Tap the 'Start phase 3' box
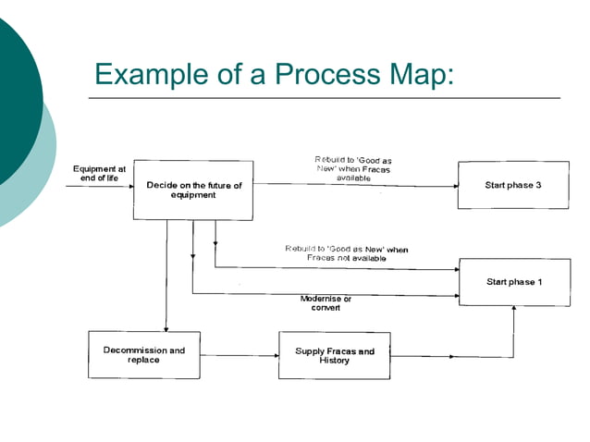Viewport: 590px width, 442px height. click(x=512, y=185)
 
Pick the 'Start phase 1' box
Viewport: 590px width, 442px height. click(x=514, y=281)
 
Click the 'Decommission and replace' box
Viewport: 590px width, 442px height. click(x=143, y=355)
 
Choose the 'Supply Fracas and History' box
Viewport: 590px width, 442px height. click(x=334, y=355)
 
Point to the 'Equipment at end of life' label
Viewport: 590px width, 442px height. click(x=99, y=174)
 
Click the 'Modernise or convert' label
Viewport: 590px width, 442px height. click(x=326, y=303)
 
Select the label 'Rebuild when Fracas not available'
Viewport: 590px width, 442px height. click(x=346, y=253)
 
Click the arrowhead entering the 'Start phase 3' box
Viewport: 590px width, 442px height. click(x=454, y=185)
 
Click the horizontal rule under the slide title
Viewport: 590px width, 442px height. click(x=324, y=97)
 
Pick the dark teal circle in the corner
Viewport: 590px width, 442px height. click(x=14, y=102)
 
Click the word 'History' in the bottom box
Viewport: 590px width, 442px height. click(x=334, y=361)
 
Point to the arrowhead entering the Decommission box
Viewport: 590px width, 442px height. click(x=166, y=327)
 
